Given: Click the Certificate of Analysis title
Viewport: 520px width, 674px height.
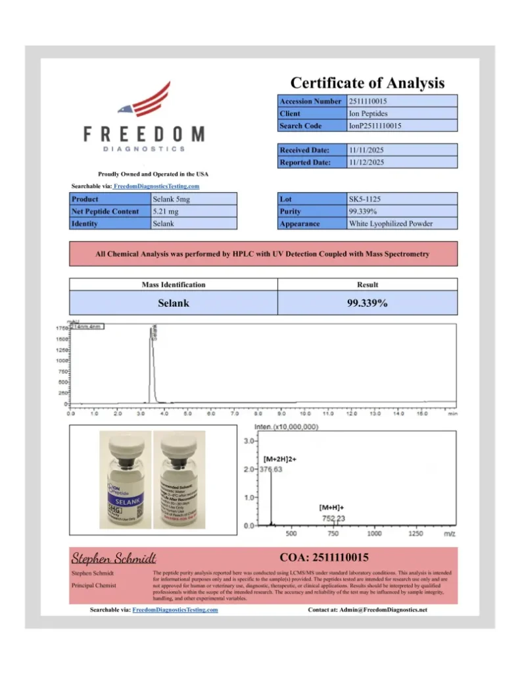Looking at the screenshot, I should point(367,83).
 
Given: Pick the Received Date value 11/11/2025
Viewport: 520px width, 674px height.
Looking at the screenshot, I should point(366,150).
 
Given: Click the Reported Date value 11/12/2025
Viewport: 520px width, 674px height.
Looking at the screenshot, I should point(366,162).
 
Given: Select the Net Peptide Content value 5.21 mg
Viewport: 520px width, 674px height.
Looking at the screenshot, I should point(162,211).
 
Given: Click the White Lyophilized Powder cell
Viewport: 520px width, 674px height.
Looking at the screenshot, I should point(390,224).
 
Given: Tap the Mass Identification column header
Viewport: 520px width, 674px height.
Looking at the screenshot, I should point(174,285).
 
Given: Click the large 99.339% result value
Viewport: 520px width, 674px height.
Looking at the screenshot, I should point(367,303).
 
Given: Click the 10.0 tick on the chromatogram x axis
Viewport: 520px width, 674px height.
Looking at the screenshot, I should point(305,414).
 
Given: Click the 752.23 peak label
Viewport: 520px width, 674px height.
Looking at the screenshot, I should point(333,519).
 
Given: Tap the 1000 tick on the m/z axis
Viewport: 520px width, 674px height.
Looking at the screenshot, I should point(374,534).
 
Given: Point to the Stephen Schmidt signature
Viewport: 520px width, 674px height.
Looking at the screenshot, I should point(113,559).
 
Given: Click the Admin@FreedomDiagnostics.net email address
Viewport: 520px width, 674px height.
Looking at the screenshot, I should point(383,610).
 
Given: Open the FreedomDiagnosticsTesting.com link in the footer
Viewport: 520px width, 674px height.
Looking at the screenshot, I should point(175,610).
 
